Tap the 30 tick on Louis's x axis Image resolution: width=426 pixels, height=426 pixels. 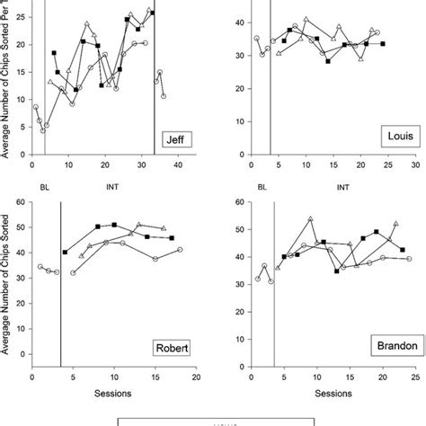[414, 165]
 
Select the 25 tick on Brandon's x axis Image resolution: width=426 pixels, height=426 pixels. [414, 378]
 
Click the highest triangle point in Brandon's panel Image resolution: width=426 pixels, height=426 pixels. [310, 218]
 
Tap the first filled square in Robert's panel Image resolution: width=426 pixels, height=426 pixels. [65, 253]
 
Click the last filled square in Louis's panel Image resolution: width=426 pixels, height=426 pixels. [383, 43]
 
